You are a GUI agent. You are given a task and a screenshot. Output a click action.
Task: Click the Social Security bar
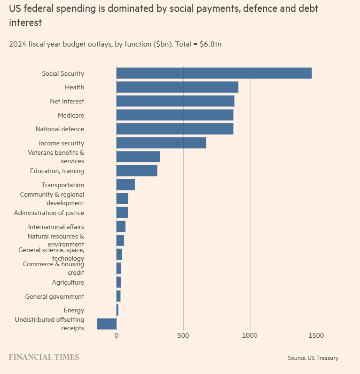214,73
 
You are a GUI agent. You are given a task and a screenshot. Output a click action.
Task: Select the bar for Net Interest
175,101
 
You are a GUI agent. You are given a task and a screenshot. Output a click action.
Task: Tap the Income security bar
161,143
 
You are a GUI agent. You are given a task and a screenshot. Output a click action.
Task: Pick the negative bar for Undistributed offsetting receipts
107,324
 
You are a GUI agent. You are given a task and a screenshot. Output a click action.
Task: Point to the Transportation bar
125,185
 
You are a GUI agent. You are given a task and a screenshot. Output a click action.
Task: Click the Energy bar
117,310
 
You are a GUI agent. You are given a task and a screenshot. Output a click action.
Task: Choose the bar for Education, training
137,171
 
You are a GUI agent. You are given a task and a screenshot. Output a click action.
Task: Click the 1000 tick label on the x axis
250,335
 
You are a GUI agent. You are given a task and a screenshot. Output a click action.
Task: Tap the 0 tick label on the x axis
116,335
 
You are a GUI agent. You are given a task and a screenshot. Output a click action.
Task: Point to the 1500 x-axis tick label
317,335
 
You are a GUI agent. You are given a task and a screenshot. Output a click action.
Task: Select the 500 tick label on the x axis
183,335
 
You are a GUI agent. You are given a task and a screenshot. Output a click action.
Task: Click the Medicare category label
71,115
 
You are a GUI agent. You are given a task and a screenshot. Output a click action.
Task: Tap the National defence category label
60,129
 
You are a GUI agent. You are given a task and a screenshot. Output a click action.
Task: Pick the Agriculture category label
68,282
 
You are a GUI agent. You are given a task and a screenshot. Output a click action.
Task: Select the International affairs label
56,227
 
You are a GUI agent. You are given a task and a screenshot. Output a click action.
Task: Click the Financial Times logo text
44,357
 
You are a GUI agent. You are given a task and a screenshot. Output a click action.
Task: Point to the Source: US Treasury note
313,358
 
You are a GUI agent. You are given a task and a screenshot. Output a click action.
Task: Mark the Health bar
177,87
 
